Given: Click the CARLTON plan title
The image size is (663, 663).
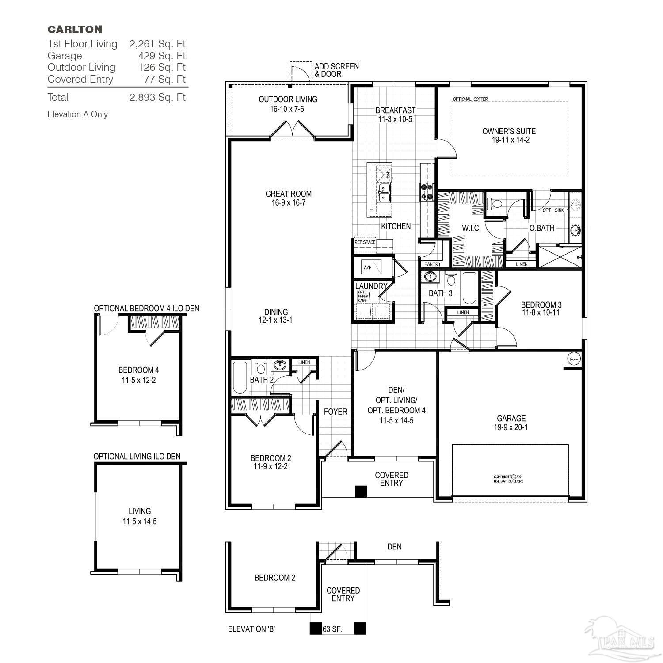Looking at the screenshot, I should (75, 30).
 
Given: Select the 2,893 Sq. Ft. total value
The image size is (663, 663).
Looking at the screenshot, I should (159, 97).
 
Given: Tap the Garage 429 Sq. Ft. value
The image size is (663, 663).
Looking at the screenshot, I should (163, 56).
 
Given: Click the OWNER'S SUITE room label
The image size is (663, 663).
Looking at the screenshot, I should (509, 131).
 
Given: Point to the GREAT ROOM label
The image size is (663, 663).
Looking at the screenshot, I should (288, 194).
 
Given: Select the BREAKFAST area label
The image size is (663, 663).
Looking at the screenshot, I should (395, 110).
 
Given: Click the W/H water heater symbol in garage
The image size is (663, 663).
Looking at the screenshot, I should (574, 358).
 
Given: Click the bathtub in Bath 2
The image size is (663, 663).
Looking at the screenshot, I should (240, 378).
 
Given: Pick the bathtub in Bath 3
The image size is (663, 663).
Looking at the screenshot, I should (469, 288).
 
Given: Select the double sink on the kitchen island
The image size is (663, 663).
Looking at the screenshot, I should (383, 193).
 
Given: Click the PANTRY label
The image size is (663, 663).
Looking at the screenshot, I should (432, 264).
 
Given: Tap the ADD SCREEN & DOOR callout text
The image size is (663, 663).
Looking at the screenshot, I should (336, 70).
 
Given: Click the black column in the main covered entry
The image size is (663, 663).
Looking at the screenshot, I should (361, 492).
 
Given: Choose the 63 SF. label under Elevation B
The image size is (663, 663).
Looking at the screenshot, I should (333, 629).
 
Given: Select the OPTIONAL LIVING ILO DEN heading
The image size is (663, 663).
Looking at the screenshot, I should (137, 456).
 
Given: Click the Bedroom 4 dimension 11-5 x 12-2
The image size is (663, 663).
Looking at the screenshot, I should (138, 380).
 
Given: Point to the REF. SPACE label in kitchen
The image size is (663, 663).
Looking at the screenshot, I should (365, 242).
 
